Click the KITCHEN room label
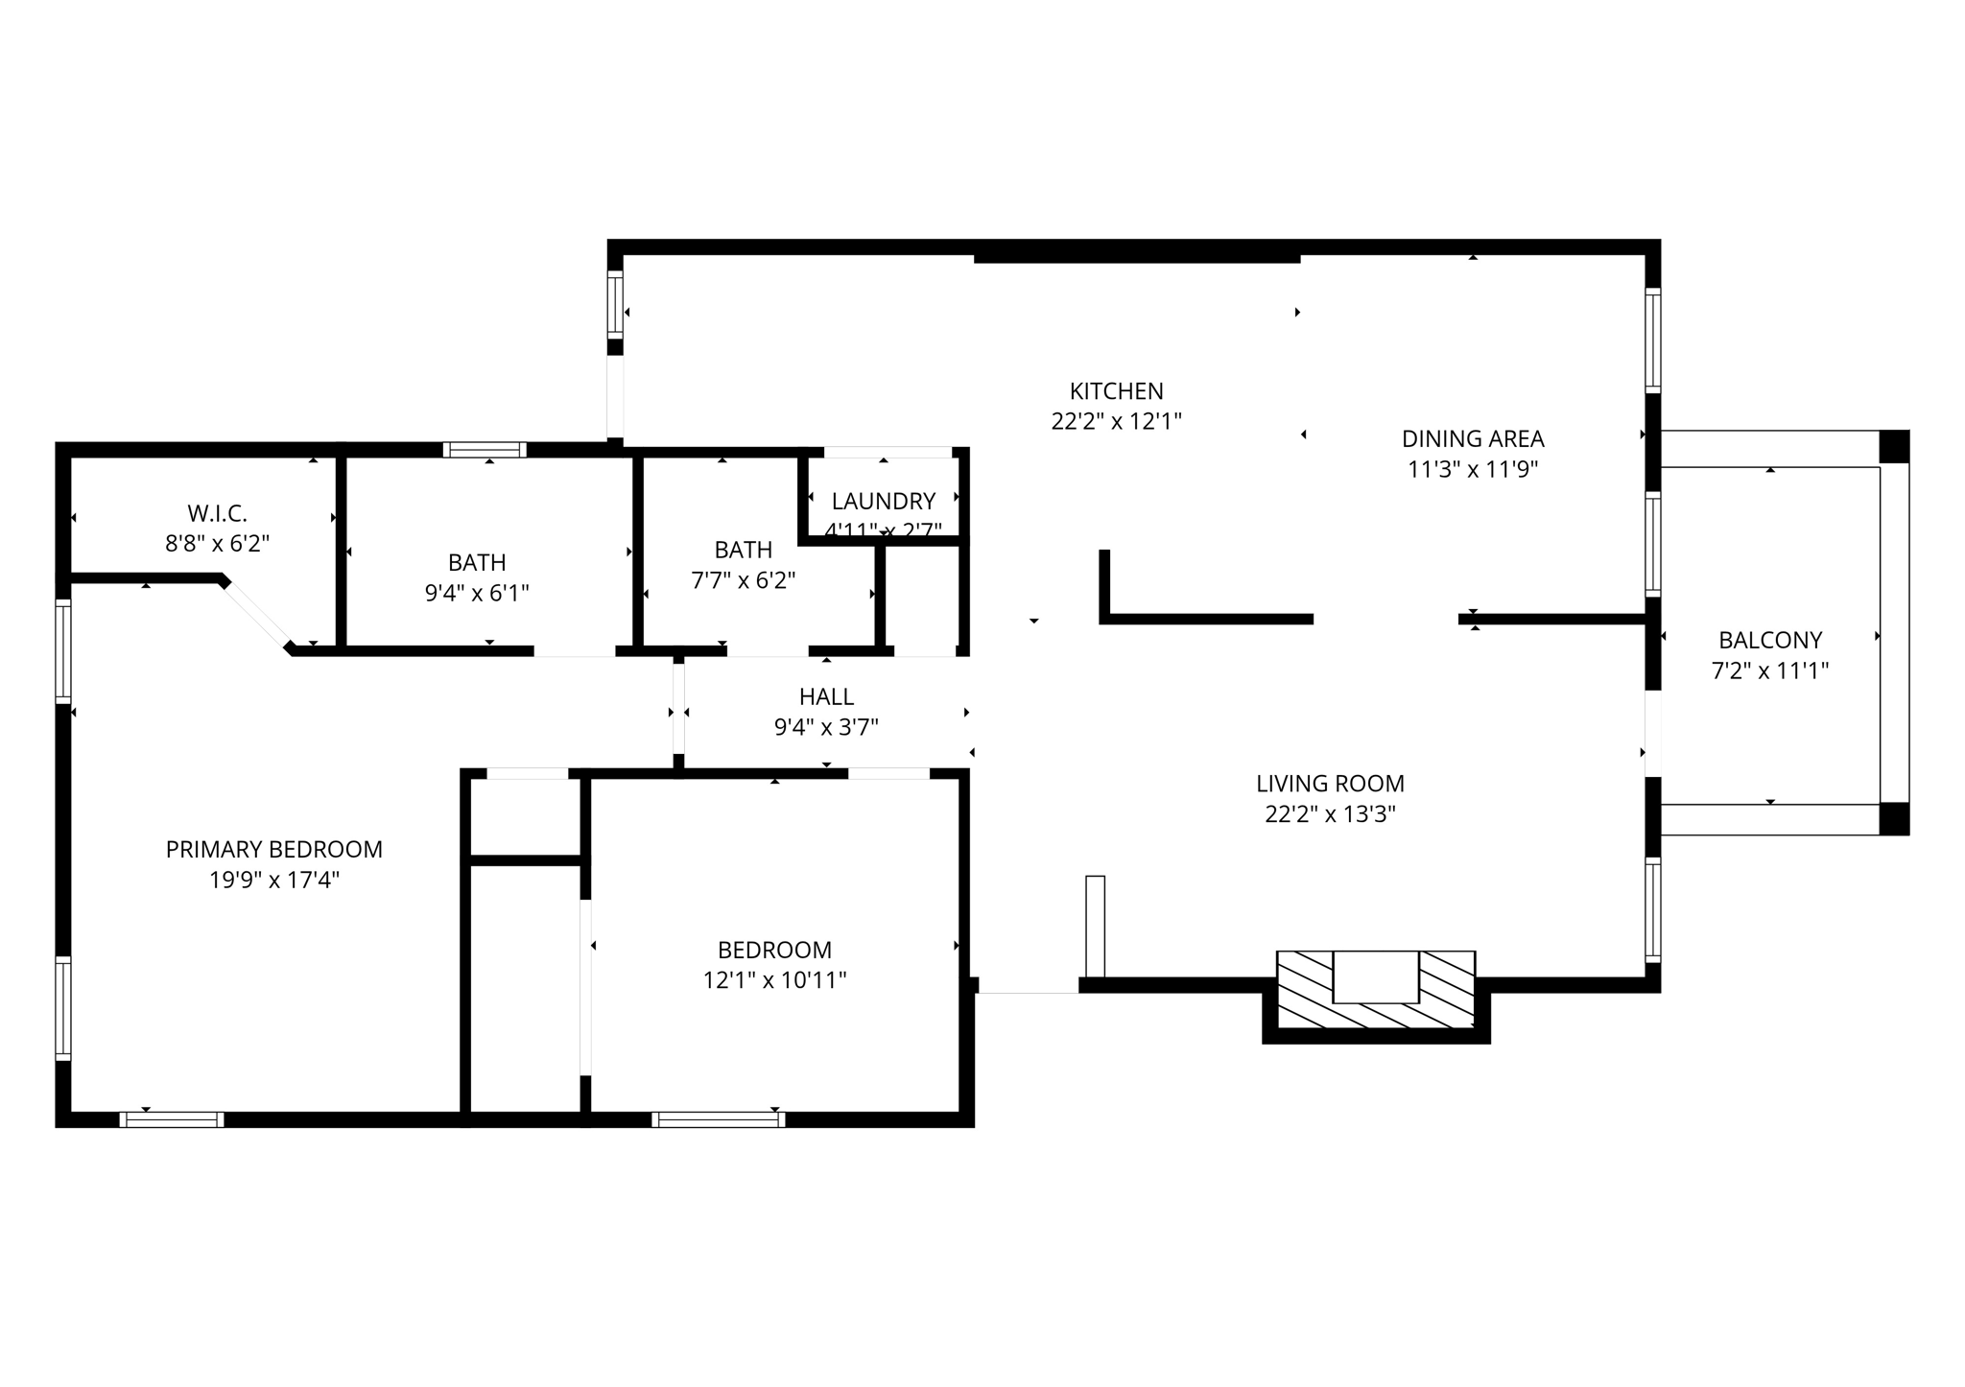click(x=1116, y=391)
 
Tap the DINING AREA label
click(x=1473, y=439)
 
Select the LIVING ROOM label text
click(x=1330, y=784)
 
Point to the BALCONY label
click(x=1770, y=640)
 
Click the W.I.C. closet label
click(x=217, y=513)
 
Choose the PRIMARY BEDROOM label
click(x=274, y=849)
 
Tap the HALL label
click(x=826, y=696)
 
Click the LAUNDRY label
click(x=883, y=501)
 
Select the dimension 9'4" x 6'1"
click(x=477, y=593)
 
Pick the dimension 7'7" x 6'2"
click(x=744, y=580)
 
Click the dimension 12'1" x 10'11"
click(x=774, y=980)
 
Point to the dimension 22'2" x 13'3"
click(x=1330, y=814)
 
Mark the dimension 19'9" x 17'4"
click(x=274, y=880)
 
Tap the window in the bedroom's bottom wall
click(x=718, y=1118)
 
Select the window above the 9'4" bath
click(x=485, y=450)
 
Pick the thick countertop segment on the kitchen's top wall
click(x=1137, y=258)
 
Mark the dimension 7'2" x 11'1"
click(x=1770, y=670)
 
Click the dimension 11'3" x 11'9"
click(x=1473, y=470)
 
